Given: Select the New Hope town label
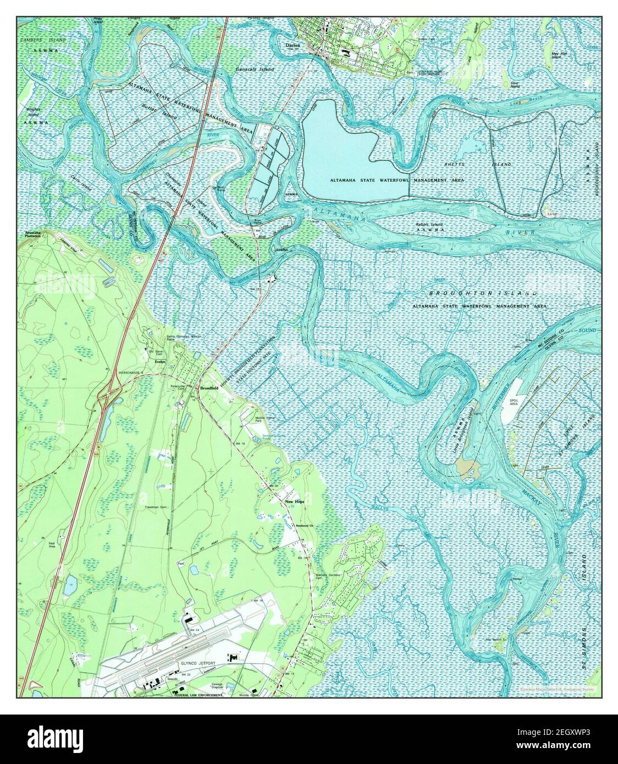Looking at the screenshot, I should click(295, 502).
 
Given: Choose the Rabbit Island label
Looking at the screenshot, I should click(429, 225).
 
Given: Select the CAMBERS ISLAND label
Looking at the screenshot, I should click(42, 41).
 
